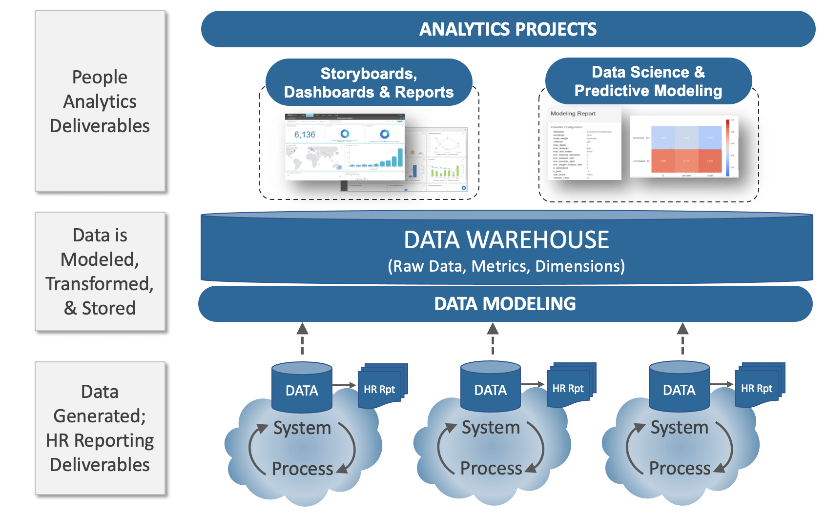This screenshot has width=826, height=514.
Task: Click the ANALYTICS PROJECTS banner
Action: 508,29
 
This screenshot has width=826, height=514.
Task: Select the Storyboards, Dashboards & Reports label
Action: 369,83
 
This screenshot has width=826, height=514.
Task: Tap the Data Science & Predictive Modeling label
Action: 648,81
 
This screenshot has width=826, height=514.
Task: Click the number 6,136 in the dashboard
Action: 305,135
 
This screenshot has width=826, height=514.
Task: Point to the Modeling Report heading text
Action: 573,114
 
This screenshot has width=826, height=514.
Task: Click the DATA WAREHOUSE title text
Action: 506,240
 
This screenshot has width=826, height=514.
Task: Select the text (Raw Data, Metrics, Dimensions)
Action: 506,266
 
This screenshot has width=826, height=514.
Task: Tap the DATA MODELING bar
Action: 505,304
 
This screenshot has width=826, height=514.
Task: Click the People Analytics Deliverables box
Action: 100,101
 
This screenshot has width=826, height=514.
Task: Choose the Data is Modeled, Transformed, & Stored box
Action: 100,272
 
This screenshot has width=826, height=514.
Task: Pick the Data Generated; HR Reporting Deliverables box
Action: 100,428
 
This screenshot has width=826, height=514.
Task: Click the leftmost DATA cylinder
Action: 302,388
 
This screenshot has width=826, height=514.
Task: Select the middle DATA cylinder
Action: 491,388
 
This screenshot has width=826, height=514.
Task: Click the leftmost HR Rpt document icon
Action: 379,389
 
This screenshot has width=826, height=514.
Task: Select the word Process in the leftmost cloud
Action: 302,469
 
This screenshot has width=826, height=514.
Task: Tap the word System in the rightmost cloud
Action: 679,428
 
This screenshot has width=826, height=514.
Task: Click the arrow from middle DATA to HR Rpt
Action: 533,385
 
